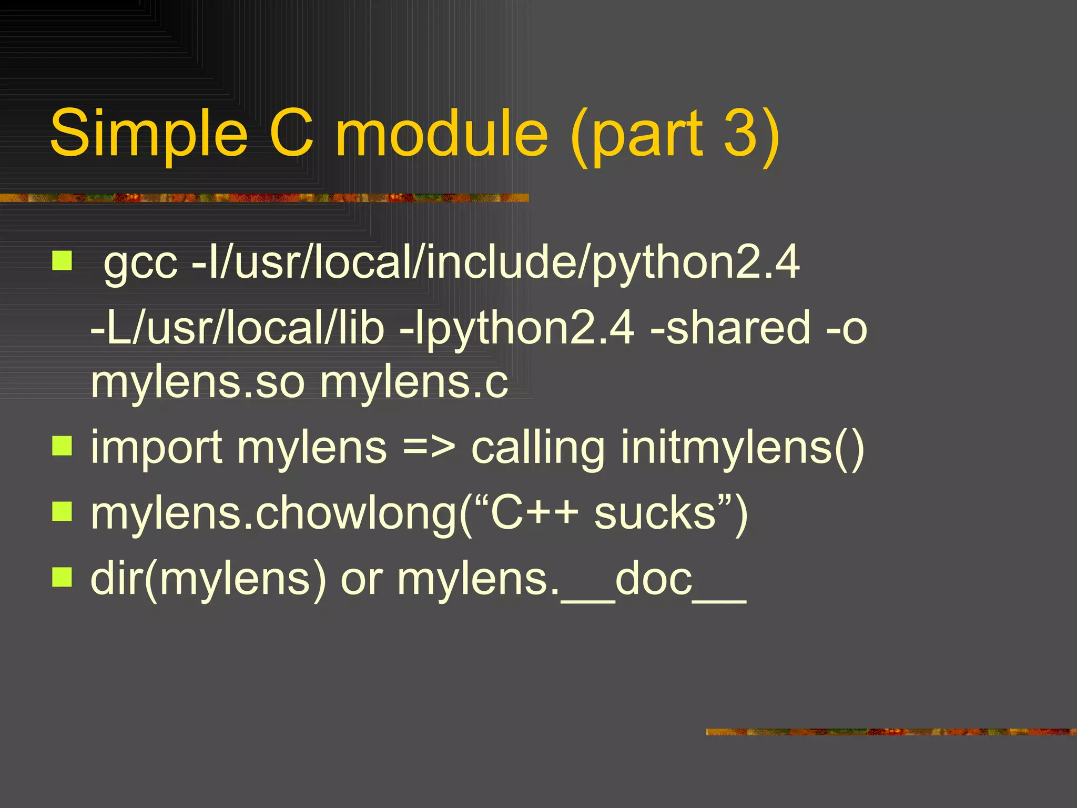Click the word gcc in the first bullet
click(140, 263)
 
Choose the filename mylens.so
click(198, 383)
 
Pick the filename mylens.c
click(414, 383)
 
